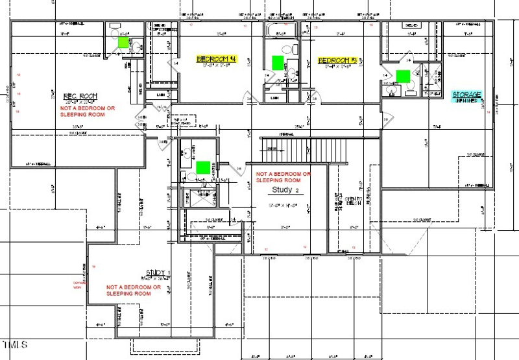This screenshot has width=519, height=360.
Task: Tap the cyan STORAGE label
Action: click(466, 95)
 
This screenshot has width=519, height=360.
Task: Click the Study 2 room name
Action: click(285, 191)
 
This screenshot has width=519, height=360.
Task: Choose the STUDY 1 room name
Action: click(158, 272)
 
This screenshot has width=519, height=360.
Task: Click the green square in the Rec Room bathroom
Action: click(123, 42)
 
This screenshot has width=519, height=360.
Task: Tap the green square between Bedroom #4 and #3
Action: click(278, 62)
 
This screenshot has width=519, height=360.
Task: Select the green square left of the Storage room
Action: click(404, 75)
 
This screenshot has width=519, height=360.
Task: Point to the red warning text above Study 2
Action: click(284, 177)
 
